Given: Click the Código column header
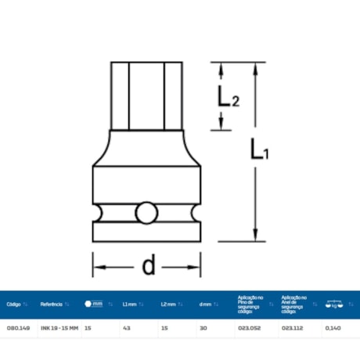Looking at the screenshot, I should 14,304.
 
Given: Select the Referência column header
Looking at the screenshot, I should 52,304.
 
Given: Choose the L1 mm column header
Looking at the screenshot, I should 130,304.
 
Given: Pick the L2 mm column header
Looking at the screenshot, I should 168,304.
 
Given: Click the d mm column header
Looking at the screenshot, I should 205,304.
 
